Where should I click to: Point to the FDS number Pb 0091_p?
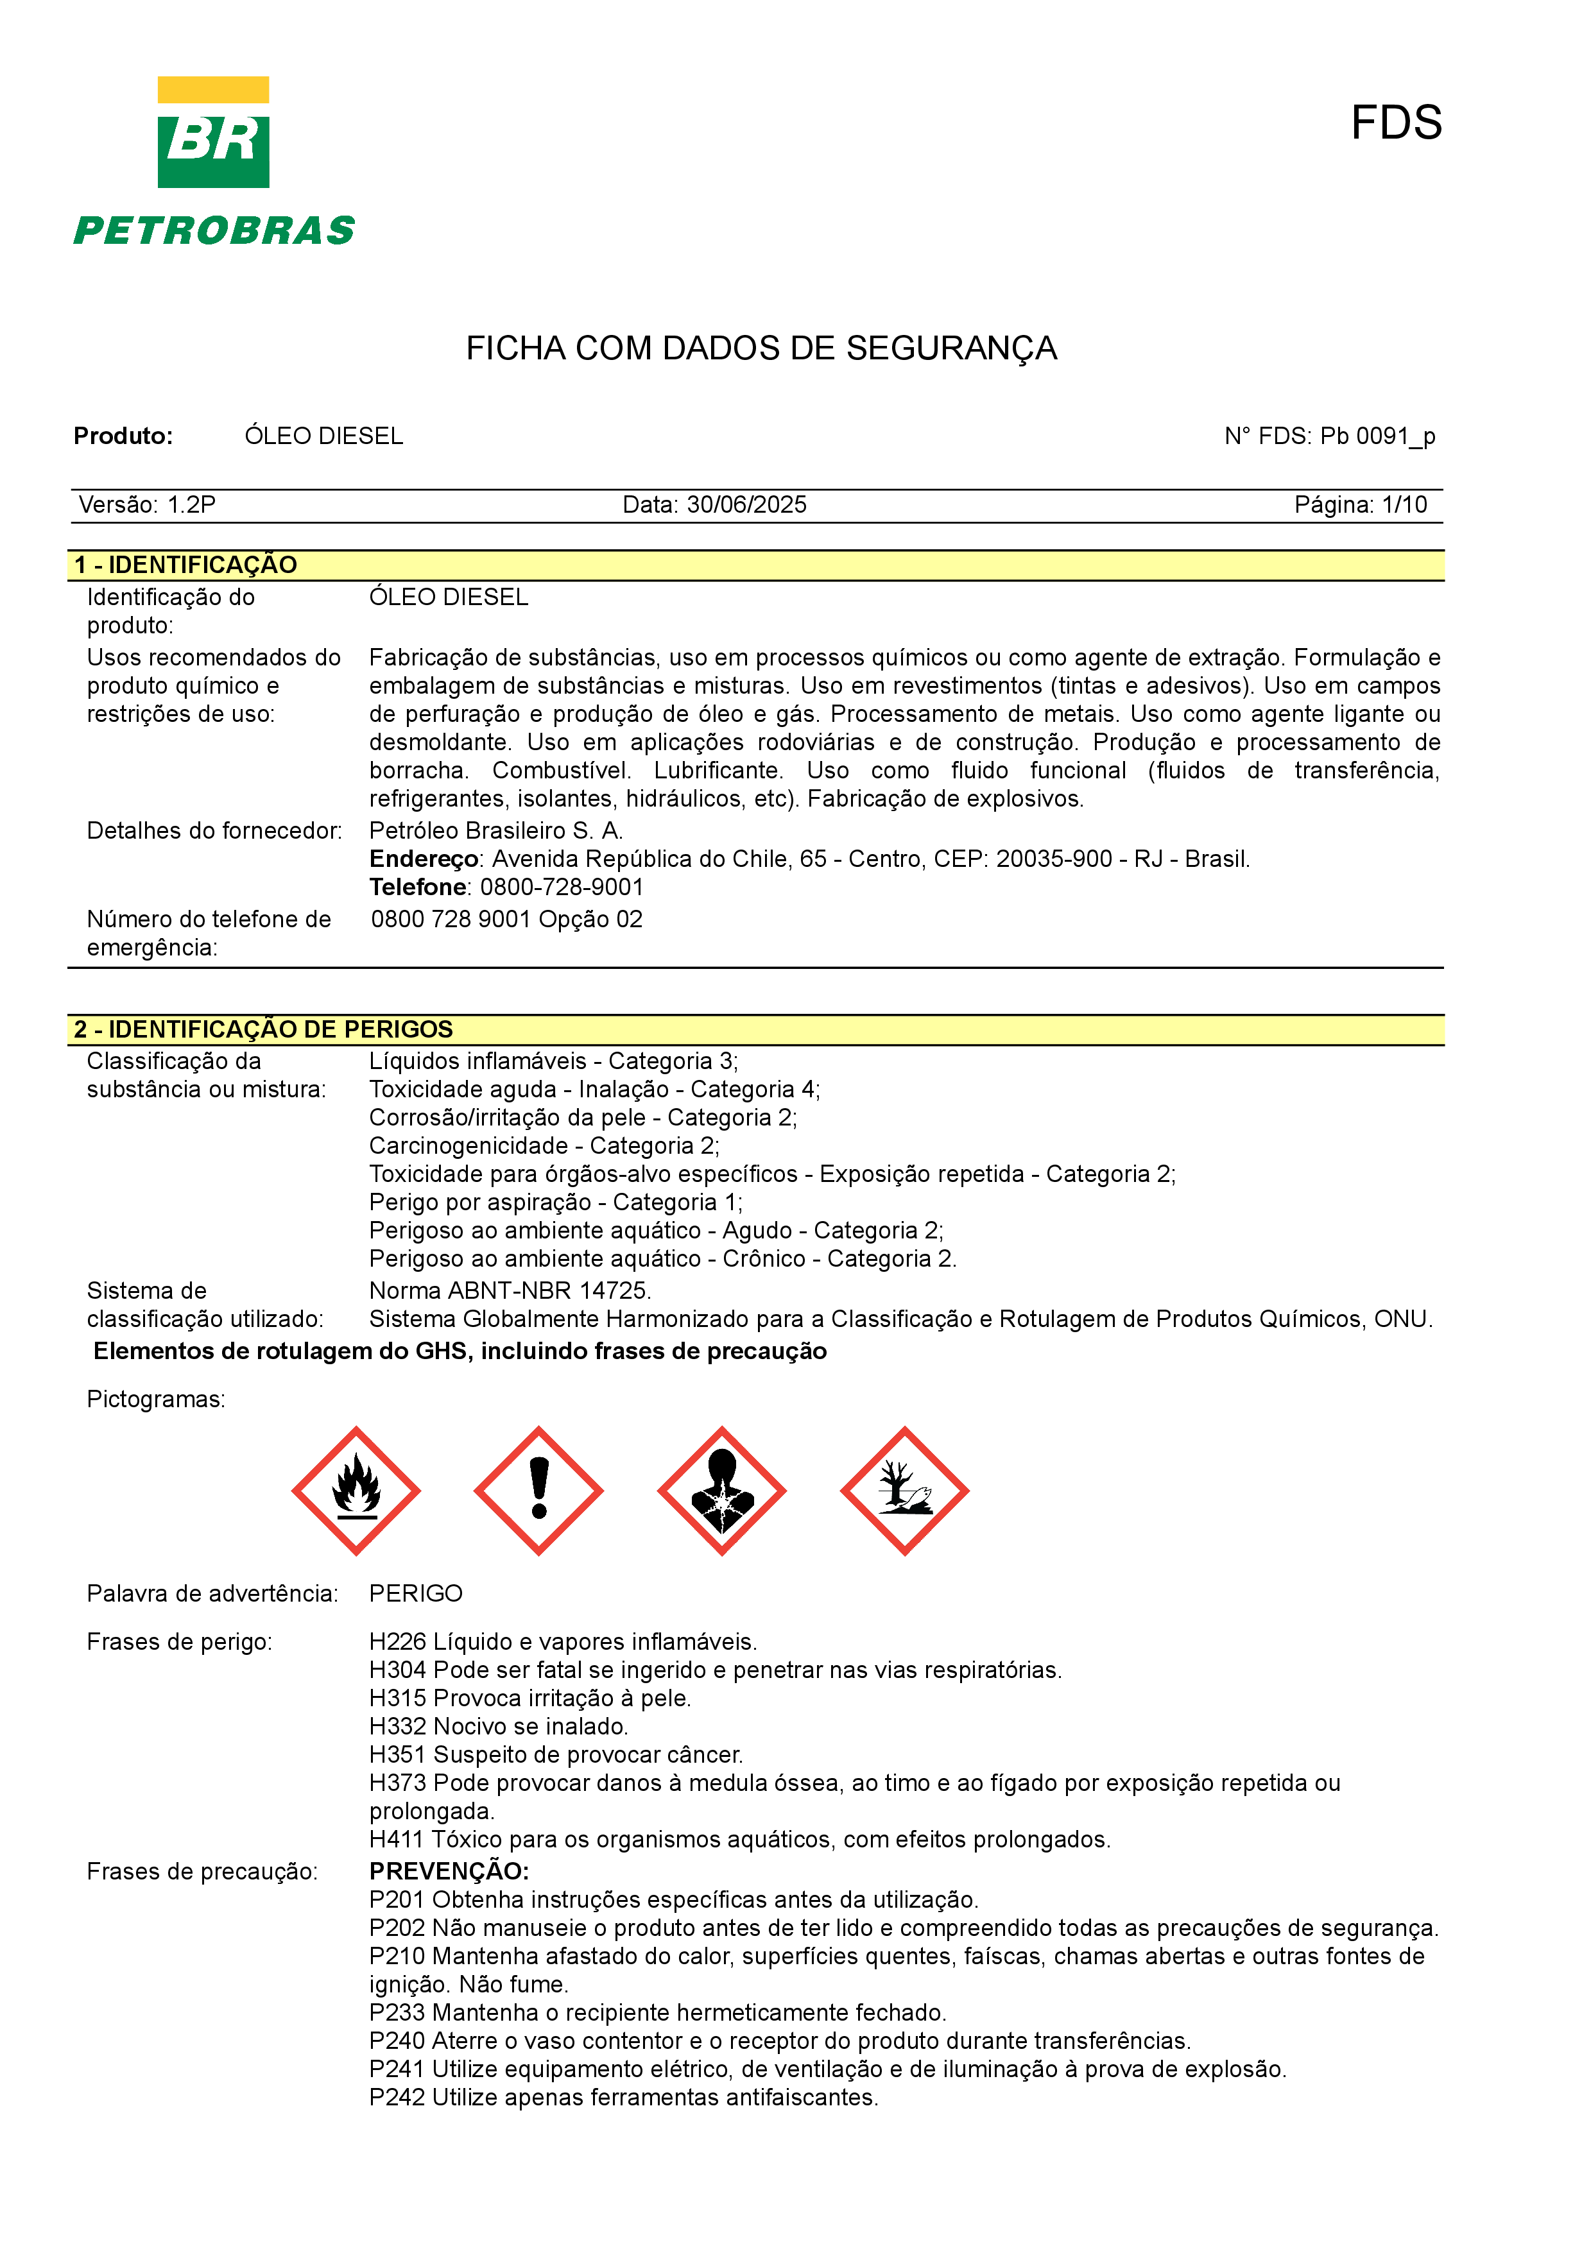(x=1377, y=436)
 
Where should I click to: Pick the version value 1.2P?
(x=191, y=505)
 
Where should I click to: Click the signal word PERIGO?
(x=416, y=1593)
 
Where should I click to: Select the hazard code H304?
(x=398, y=1670)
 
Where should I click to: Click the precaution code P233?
(x=397, y=2013)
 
